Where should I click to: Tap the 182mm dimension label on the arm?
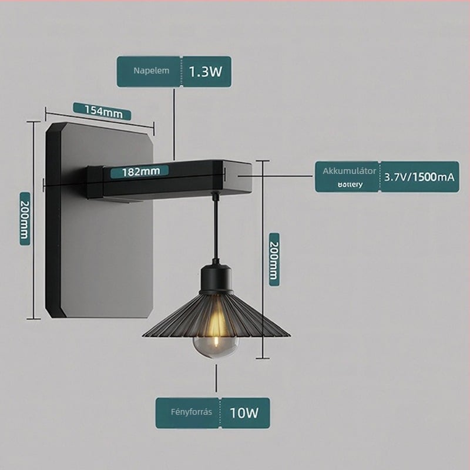[x=141, y=172]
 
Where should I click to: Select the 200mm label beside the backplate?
[x=25, y=219]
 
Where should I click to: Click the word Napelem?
[x=152, y=70]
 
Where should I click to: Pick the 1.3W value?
[x=206, y=72]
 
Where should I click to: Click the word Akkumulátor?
[x=349, y=171]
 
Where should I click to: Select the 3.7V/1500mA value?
[x=419, y=177]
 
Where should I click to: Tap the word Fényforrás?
[x=192, y=412]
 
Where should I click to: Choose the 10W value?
[x=244, y=413]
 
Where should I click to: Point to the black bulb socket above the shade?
[x=216, y=278]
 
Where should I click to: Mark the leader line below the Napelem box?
[x=174, y=123]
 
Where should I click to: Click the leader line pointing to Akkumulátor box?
[x=275, y=176]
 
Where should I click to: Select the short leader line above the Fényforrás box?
[x=216, y=378]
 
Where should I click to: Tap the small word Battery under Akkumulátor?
[x=350, y=184]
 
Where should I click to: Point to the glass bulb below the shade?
[x=216, y=347]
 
